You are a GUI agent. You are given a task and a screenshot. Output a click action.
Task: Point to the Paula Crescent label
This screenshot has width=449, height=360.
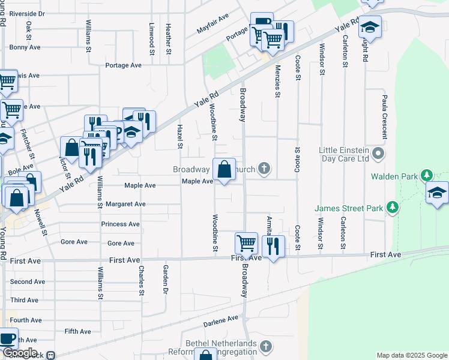coord(385,114)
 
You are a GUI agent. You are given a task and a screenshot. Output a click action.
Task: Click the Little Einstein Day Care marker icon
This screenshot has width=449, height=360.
coord(378,153)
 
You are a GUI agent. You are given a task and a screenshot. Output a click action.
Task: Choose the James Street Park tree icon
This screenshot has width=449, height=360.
coord(393,208)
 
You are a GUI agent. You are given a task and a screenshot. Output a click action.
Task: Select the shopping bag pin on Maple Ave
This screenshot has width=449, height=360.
coord(224,170)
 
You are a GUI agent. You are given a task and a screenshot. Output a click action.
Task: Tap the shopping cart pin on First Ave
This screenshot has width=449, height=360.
coord(246,244)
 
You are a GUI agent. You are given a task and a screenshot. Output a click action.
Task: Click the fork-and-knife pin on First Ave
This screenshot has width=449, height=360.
coord(273,245)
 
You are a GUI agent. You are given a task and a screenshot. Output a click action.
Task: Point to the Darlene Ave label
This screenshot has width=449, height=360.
coord(221,322)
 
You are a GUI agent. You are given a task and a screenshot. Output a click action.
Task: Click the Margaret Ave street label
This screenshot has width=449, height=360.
coord(125,204)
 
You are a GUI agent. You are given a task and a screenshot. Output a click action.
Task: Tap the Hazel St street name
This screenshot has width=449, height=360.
coord(179,137)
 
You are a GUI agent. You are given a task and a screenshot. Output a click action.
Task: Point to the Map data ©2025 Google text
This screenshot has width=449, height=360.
coord(411,355)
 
